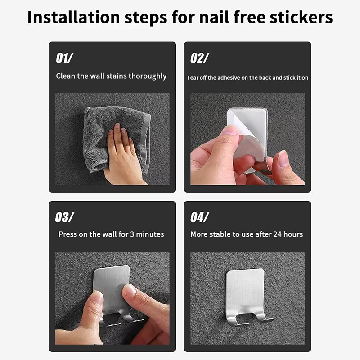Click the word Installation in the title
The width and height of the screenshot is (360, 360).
coord(73,17)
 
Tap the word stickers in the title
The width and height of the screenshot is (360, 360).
coord(301,17)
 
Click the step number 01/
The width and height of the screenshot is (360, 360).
coord(64,58)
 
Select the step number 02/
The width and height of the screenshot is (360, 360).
coord(199,58)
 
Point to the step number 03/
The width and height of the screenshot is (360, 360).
coord(64,217)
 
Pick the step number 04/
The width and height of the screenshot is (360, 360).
coord(199,217)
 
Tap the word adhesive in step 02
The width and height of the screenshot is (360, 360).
coord(229,78)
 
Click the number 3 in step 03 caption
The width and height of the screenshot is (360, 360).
coord(132,234)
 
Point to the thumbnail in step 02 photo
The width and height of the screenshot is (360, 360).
coord(230,130)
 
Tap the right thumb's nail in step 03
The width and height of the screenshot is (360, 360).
coord(130,291)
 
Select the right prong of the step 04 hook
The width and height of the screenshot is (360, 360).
coord(264,317)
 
